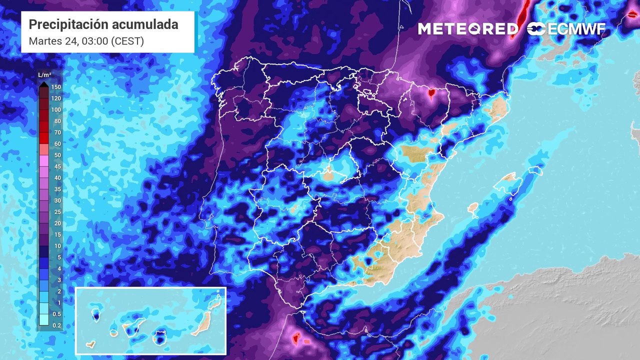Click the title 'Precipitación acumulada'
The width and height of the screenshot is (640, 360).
coord(103,24)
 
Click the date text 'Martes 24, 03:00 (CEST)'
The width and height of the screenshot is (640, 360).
coord(86,41)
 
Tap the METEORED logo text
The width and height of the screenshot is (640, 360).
coord(468,29)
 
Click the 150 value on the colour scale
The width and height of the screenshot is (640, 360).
coord(56,87)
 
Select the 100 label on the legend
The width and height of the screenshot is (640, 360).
coord(56,110)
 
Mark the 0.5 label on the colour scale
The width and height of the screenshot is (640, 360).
coord(56,314)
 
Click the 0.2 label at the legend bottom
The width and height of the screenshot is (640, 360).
coord(56,325)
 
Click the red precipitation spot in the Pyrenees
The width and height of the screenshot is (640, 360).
coord(431,92)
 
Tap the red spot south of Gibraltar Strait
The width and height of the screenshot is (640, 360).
coord(295,339)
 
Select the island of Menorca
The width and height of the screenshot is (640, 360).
coord(535,170)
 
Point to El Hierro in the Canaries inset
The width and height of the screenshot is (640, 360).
coord(90,344)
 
